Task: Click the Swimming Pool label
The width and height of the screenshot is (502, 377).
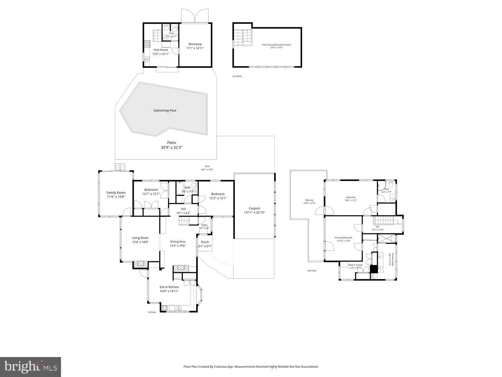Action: tap(165, 110)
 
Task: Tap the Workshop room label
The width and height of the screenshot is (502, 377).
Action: tap(195, 44)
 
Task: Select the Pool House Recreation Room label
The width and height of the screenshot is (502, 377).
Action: tap(276, 45)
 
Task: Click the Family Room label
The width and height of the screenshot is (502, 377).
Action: tap(116, 193)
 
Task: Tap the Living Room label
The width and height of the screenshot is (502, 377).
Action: tap(140, 238)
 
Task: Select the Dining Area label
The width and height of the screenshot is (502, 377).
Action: tap(178, 242)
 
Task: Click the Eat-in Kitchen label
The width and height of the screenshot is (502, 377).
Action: tap(169, 287)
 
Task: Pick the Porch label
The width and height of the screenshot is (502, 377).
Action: tap(205, 242)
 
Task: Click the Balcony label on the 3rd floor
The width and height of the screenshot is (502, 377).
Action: tap(309, 200)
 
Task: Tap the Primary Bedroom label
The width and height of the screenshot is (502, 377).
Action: tap(343, 238)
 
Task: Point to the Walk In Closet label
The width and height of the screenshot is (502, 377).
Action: tap(355, 265)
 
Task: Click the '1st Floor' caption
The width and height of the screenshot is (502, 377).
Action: tap(151, 312)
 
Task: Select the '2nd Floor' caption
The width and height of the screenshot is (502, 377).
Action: tap(237, 76)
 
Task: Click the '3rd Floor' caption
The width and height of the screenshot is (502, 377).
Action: tap(311, 271)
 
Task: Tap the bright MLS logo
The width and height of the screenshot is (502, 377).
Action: tap(31, 366)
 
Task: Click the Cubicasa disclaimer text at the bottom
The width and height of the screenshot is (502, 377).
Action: tap(250, 366)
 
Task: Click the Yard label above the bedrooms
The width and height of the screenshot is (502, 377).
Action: tap(207, 166)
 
